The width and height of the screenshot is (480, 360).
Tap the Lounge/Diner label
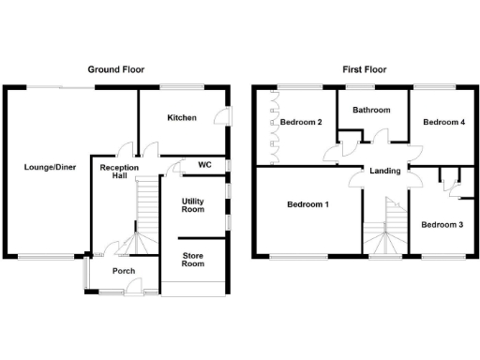click(45, 169)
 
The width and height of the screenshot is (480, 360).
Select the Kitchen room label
click(181, 118)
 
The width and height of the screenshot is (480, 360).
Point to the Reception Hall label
click(120, 172)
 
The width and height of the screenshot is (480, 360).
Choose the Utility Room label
click(193, 205)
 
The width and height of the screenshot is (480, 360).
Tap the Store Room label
click(192, 260)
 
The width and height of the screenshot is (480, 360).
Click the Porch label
click(123, 271)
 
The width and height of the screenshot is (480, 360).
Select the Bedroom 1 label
click(307, 204)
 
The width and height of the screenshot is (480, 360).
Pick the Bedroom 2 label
click(301, 123)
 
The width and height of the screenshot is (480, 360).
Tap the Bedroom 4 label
click(442, 123)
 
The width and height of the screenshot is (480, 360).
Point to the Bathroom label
click(371, 110)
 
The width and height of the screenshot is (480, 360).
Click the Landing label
click(385, 171)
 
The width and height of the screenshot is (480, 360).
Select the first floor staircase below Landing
click(384, 230)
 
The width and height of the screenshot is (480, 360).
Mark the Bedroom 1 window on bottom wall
click(299, 256)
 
